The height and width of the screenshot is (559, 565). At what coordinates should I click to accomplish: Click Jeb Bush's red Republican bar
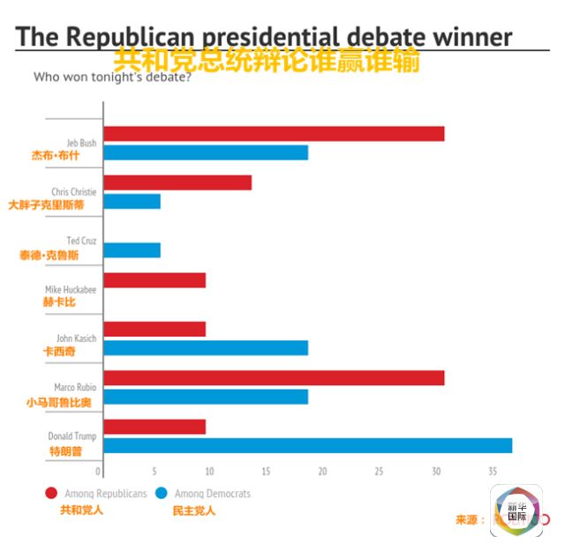274,134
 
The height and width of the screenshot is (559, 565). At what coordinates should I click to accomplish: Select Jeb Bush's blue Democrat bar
206,153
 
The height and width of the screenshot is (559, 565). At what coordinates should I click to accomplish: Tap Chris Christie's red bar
177,183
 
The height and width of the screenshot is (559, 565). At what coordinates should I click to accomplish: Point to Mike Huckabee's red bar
154,280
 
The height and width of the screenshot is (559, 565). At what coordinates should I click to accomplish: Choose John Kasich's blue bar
206,347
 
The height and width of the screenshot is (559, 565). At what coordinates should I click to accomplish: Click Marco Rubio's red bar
274,377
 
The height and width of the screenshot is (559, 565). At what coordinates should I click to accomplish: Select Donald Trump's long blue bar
307,445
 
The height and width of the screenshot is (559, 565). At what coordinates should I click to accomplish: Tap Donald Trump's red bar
154,427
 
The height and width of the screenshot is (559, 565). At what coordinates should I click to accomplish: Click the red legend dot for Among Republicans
51,494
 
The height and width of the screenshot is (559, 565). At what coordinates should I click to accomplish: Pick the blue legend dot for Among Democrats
162,494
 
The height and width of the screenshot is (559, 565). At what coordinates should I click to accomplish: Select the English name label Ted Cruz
81,240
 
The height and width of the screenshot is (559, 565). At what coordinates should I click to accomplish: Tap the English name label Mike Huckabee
71,289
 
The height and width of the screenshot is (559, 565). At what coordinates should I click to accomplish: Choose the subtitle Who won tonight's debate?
111,77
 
